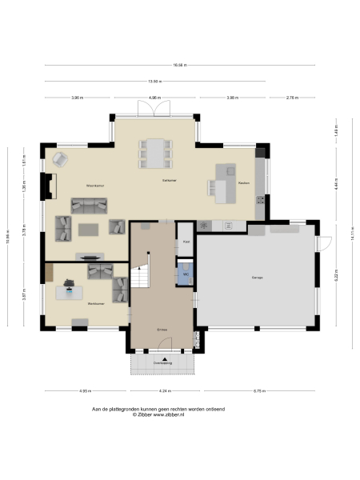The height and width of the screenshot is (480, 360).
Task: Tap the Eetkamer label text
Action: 169,181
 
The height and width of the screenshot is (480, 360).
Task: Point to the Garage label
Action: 258,278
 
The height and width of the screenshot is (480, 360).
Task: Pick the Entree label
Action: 162,329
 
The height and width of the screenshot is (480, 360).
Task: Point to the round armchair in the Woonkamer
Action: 58,159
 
